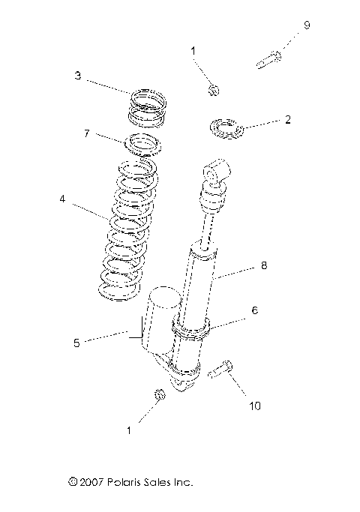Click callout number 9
pos(306,25)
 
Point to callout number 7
pos(86,134)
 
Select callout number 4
pos(62,199)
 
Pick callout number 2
pos(288,119)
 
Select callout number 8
pos(263,265)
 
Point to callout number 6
pos(254,307)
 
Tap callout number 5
pos(76,343)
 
